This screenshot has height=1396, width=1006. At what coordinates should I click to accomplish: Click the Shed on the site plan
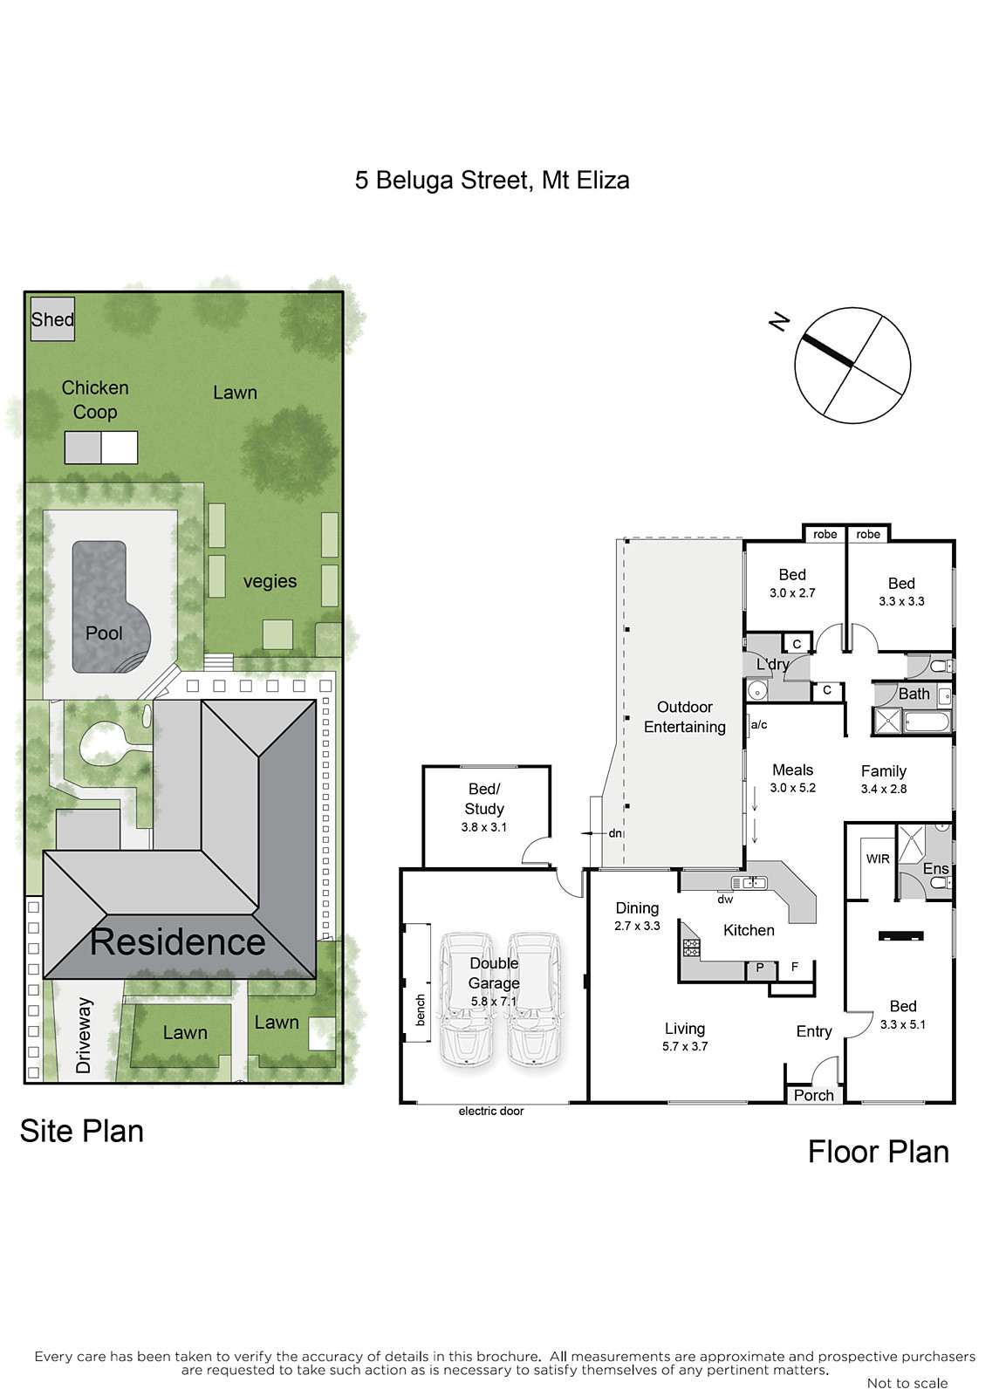click(52, 319)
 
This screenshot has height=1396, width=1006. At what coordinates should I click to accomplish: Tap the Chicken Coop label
click(95, 400)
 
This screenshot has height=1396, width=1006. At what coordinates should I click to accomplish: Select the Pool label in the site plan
click(104, 633)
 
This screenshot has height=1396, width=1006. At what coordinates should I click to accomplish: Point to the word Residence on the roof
click(178, 941)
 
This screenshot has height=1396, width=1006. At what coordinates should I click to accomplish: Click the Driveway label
click(84, 1036)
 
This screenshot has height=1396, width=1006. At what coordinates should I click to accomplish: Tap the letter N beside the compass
click(779, 322)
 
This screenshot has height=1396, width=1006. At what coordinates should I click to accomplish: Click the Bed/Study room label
click(483, 799)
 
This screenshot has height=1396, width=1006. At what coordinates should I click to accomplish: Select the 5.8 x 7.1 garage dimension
click(494, 1003)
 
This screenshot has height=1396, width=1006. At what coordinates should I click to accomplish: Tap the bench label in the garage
click(420, 1009)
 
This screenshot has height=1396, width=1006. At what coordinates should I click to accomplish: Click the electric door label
click(491, 1112)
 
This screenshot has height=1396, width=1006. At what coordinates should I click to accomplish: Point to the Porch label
click(813, 1096)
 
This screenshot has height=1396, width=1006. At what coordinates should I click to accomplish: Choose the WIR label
click(878, 859)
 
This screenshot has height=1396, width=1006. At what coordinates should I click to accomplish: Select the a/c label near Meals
click(758, 725)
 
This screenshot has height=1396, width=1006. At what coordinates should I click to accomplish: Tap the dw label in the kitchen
click(725, 900)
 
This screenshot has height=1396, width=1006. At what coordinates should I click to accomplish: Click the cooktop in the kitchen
click(692, 948)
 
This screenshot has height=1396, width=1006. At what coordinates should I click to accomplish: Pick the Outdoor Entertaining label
click(684, 716)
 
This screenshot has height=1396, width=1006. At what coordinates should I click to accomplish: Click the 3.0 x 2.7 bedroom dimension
click(792, 593)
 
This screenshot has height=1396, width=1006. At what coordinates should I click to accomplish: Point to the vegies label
click(270, 582)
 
